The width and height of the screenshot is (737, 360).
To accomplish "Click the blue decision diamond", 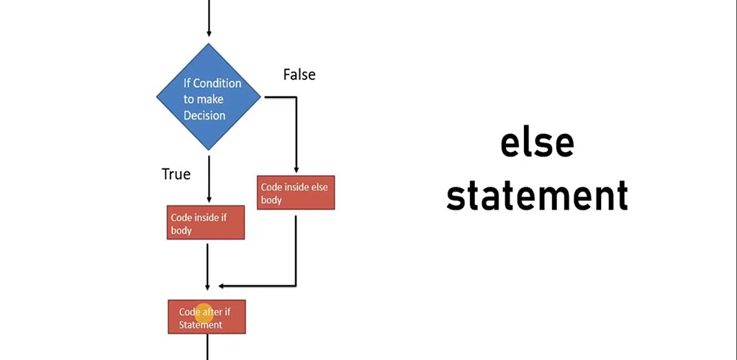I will tap(209, 97).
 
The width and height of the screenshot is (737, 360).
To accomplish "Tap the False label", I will tap(299, 74).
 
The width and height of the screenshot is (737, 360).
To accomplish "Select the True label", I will tap(176, 174).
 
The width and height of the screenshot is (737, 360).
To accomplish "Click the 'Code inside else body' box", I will tap(296, 193).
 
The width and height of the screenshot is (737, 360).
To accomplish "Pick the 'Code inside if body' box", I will tap(207, 223).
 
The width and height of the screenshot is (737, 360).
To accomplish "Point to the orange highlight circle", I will tap(204, 312).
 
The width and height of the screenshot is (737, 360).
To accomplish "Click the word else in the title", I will tap(537, 143).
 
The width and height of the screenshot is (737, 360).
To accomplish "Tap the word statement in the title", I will tap(537, 195).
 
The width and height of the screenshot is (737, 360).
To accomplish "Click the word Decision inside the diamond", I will tap(204, 115).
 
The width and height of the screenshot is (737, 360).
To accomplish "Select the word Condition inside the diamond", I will tap(217, 84).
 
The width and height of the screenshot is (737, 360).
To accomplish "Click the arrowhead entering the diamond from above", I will tap(209, 32).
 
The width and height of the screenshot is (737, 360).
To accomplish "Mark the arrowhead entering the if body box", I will tap(208, 199).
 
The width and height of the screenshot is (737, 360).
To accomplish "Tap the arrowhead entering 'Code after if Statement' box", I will tap(208, 294).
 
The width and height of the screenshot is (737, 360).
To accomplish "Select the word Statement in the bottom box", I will tap(201, 325).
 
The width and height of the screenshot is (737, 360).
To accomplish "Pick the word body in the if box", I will tap(181, 230).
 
